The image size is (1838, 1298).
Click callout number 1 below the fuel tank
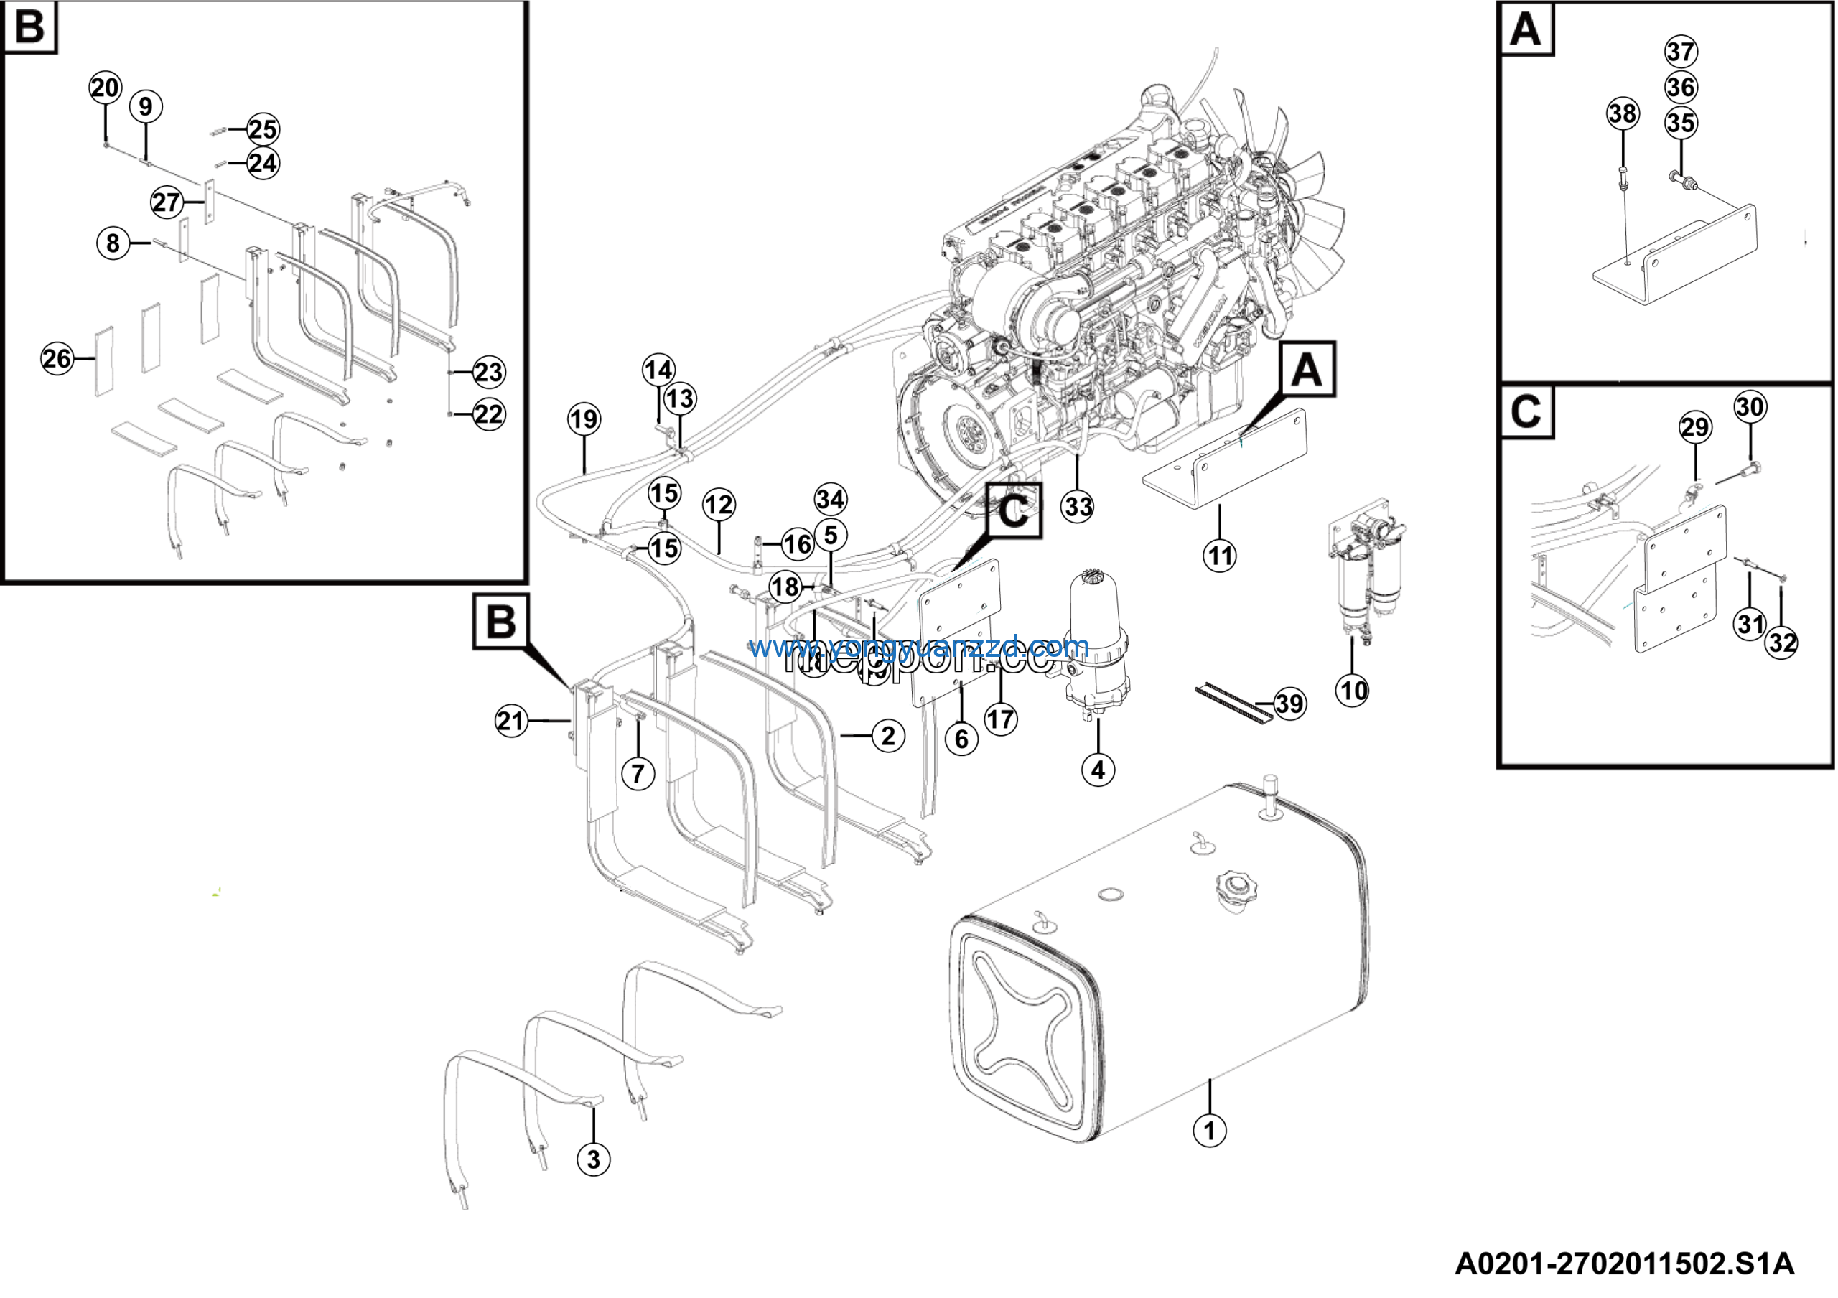pos(1209,1131)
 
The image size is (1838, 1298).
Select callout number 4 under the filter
pos(1098,770)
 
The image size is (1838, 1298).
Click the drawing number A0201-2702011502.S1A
pos(1624,1264)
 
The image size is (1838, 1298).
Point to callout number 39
pos(1289,704)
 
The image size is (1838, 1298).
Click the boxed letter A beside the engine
pos(1307,370)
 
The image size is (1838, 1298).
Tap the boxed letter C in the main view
pos(1014,510)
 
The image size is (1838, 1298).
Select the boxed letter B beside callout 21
pos(501,621)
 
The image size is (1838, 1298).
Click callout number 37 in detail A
pos(1681,52)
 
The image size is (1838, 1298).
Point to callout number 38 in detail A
pos(1623,113)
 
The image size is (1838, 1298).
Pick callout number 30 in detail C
pos(1750,406)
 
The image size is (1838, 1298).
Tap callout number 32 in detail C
pos(1782,643)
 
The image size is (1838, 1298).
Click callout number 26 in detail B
pos(57,358)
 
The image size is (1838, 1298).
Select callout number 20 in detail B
pos(105,87)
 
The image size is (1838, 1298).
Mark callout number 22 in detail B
pos(488,414)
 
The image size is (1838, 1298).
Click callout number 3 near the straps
pos(593,1159)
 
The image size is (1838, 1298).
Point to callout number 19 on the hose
pos(584,419)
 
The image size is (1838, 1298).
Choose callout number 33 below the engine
pos(1078,507)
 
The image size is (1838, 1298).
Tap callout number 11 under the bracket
pos(1219,556)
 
